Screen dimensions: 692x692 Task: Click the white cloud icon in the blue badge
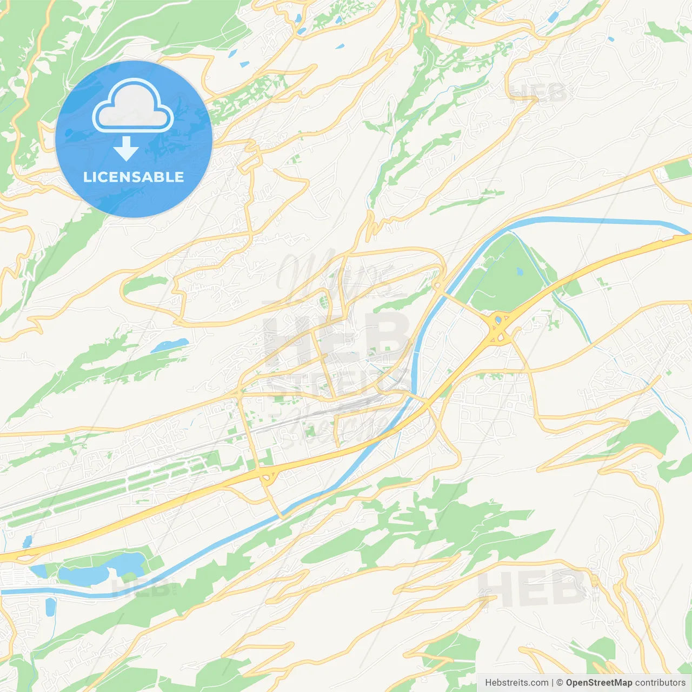tap(133, 105)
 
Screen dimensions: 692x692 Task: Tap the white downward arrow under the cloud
tap(126, 149)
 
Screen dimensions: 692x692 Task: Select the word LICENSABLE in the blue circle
tap(134, 177)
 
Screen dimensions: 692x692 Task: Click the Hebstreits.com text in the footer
tap(516, 683)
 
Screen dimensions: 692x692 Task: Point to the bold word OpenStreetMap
tap(598, 683)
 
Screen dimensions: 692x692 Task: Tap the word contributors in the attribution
tap(660, 683)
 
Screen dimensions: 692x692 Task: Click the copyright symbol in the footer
tap(560, 683)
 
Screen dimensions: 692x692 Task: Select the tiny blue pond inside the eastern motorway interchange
tap(498, 321)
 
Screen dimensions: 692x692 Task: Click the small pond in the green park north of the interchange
tap(520, 271)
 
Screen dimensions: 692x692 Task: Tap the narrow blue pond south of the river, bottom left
tap(50, 607)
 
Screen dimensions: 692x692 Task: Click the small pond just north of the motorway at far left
tap(27, 541)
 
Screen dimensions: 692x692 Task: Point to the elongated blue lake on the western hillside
tap(169, 345)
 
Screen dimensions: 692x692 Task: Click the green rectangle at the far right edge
tap(678, 169)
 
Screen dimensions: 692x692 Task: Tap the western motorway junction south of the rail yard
tap(266, 475)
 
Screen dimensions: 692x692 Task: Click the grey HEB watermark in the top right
tap(538, 93)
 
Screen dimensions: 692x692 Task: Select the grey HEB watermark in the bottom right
tap(533, 588)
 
